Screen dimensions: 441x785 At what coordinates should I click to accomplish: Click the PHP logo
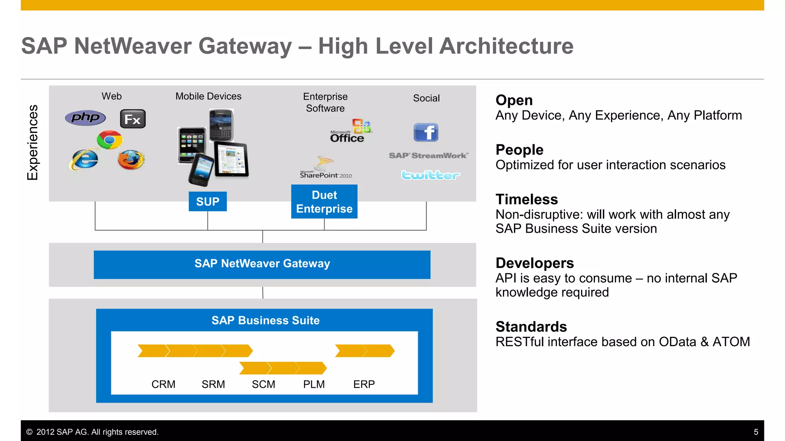coord(85,118)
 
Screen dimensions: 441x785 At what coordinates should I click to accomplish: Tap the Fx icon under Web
coord(133,119)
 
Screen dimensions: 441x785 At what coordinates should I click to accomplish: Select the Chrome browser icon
coord(110,140)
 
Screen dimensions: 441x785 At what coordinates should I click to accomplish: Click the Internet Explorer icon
coord(84,159)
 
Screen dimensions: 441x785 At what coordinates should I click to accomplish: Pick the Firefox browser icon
coord(131,160)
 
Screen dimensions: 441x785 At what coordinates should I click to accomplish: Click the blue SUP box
coord(208,201)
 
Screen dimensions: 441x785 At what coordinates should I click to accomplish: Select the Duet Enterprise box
coord(324,202)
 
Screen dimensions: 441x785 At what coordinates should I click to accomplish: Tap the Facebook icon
coord(426,132)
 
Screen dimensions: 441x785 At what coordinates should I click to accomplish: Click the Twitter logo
coord(430,175)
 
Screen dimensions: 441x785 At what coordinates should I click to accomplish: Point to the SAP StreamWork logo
coord(428,155)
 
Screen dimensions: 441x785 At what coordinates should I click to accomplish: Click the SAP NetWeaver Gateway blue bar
coord(262,265)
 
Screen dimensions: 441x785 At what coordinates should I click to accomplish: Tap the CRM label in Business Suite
coord(163,384)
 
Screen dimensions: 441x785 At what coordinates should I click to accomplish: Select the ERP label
coord(364,384)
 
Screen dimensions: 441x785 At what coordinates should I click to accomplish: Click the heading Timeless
coord(527,199)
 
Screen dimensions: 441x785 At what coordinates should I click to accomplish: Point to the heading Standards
coord(531,327)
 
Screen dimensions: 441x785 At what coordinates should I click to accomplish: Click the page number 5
coord(756,432)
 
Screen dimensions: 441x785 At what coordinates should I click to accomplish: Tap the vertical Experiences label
coord(33,142)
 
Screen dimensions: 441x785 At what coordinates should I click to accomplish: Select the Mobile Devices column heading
coord(208,96)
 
